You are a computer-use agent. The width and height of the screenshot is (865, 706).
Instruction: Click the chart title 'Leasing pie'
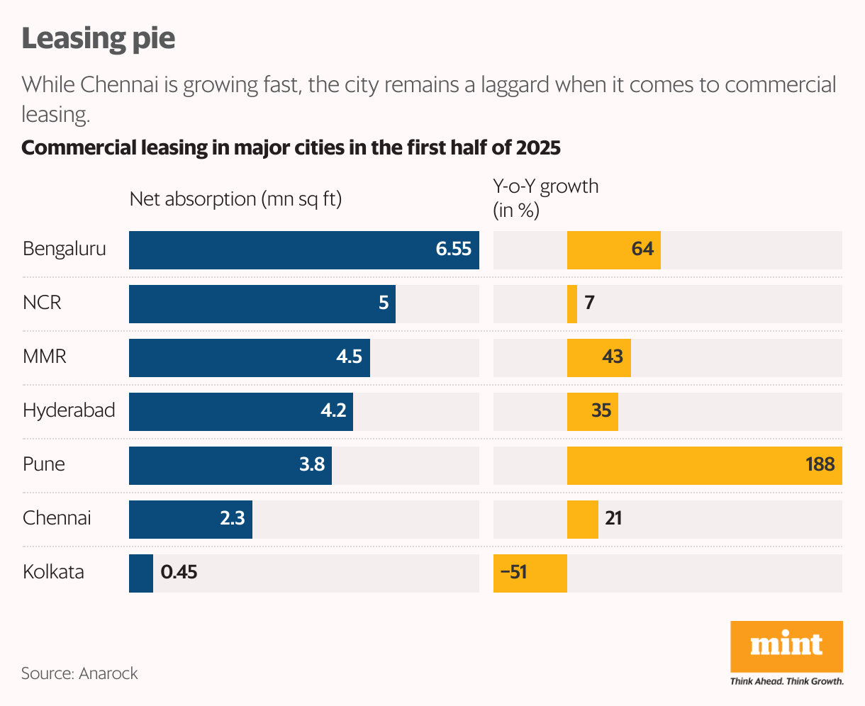coord(99,38)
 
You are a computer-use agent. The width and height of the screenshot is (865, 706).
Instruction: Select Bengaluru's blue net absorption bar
coord(284,250)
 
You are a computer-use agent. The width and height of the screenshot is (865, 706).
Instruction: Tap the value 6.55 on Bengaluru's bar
coord(454,250)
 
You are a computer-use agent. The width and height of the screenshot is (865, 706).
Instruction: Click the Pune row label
coord(44,464)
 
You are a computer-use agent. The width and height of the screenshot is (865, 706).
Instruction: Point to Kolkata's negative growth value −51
coord(513,572)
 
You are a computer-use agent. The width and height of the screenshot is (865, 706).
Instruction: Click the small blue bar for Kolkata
coord(140,573)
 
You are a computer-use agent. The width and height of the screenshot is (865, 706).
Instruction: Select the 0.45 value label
coord(179,572)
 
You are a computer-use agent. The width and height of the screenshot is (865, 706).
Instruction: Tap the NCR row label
coord(43,303)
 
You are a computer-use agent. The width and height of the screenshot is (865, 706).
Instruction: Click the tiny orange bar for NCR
coord(572,304)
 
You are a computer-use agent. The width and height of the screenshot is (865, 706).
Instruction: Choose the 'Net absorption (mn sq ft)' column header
coord(235,199)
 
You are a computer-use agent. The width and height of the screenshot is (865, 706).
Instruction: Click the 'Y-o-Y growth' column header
coord(545,186)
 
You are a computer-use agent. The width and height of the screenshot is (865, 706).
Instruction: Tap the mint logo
coord(786,645)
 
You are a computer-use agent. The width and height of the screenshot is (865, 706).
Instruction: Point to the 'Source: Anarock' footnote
coord(79,673)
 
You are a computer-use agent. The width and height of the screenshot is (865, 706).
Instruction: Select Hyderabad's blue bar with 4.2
coord(241,412)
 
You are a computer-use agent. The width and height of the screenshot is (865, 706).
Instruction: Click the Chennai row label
coord(57,518)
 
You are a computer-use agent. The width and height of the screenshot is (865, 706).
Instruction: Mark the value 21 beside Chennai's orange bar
coord(613,518)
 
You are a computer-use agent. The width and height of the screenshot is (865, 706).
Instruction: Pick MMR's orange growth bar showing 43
coord(598,358)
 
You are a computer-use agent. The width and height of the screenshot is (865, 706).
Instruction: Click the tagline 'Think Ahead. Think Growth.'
coord(786,681)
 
